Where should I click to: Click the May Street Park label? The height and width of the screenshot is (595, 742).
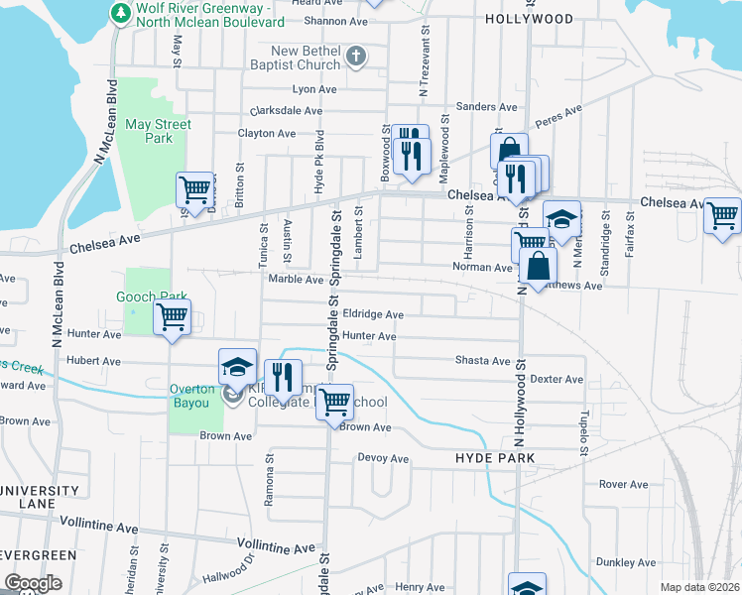(159, 132)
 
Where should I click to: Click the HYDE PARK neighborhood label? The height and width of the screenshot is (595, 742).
(495, 458)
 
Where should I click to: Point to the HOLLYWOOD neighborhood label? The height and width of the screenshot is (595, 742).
(530, 19)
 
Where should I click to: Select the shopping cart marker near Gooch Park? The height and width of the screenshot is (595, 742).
(173, 318)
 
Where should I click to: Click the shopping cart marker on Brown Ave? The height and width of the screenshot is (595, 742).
(335, 402)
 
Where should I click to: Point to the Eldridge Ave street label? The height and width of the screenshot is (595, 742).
(373, 314)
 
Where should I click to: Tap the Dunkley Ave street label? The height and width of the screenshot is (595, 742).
(629, 562)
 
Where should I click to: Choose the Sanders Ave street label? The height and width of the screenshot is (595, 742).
(487, 107)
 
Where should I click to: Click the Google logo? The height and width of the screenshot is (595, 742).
(33, 583)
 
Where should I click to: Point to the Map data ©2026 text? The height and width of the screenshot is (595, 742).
(699, 587)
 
